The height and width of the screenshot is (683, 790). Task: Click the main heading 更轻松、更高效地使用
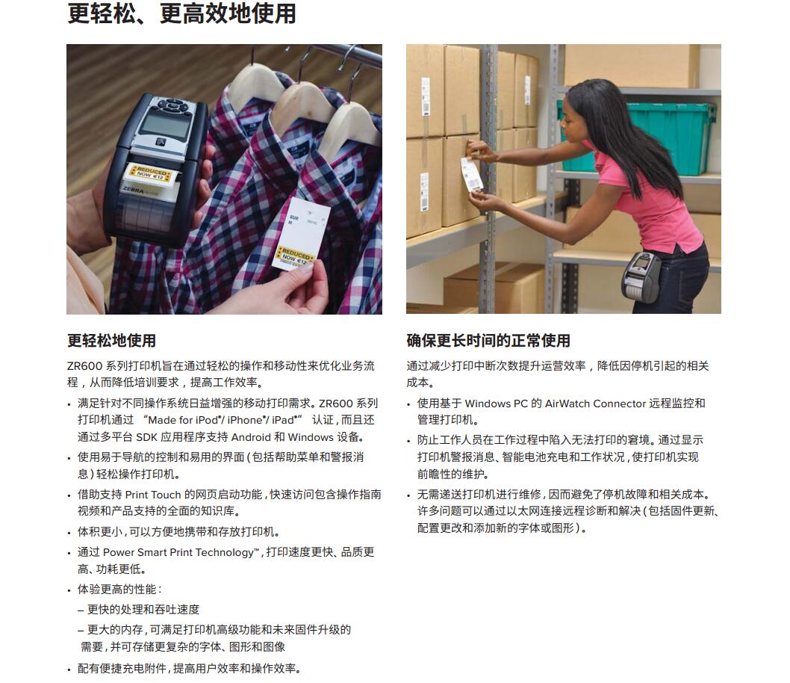pyautogui.click(x=181, y=13)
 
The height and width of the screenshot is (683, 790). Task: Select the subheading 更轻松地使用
pyautogui.click(x=111, y=341)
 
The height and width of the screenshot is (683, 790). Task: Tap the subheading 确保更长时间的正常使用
pyautogui.click(x=488, y=341)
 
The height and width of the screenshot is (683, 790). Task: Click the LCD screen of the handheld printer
pyautogui.click(x=160, y=122)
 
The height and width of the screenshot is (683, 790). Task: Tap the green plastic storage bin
pyautogui.click(x=640, y=136)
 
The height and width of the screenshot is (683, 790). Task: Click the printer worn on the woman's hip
pyautogui.click(x=641, y=276)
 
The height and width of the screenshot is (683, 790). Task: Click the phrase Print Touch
pyautogui.click(x=152, y=495)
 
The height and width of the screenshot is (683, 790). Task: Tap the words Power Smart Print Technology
pyautogui.click(x=178, y=552)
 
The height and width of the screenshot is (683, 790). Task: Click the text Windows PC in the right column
pyautogui.click(x=496, y=404)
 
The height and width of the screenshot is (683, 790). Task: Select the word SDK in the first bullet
pyautogui.click(x=146, y=437)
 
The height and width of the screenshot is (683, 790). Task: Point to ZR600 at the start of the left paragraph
pyautogui.click(x=84, y=366)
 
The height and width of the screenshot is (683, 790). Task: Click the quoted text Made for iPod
pyautogui.click(x=183, y=421)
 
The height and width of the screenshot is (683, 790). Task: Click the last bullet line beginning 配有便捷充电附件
pyautogui.click(x=189, y=669)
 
